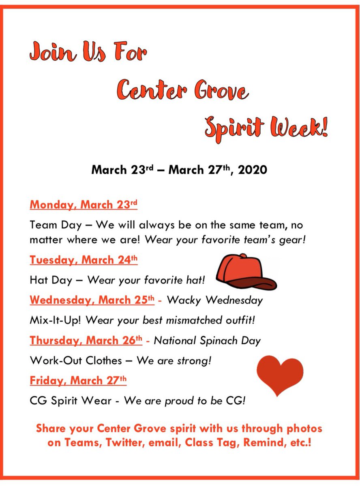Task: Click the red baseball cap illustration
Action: [x=245, y=271]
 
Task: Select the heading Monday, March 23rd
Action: [x=84, y=205]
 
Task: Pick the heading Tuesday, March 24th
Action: [x=84, y=260]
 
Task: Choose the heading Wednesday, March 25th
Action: [x=92, y=301]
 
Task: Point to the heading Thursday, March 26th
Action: [x=86, y=341]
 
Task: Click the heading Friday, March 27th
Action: [x=78, y=381]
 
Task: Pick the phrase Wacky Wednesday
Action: [x=214, y=301]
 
